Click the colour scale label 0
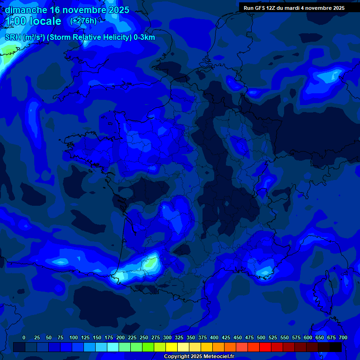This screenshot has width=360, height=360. tap(24, 337)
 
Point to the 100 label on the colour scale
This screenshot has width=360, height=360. tap(74, 337)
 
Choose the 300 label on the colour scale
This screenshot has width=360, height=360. tap(167, 337)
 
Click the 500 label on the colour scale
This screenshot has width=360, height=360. tap(261, 337)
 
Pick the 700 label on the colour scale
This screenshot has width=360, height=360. tap(343, 337)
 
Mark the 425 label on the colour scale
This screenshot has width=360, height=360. tap(226, 337)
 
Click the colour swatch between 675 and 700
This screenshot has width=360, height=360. tap(336, 347)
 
